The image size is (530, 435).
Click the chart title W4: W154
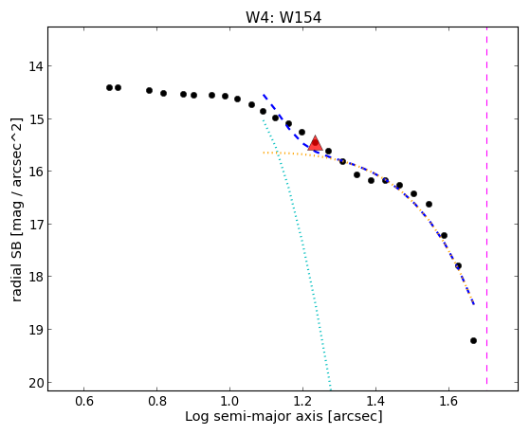[283, 18]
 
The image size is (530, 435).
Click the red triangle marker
[315, 143]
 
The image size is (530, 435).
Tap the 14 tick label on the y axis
[37, 66]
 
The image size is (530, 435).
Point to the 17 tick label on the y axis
[37, 225]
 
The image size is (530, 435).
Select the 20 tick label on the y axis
[37, 383]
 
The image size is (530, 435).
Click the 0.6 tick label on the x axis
[83, 401]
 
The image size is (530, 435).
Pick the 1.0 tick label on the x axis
[229, 401]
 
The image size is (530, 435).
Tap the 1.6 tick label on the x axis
[448, 401]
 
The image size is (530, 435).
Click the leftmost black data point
[109, 88]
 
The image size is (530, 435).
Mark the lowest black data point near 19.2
[473, 340]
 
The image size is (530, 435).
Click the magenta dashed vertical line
[486, 206]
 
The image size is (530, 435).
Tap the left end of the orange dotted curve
[264, 153]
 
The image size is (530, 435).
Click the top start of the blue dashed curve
[264, 95]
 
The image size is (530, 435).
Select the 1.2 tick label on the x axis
[302, 401]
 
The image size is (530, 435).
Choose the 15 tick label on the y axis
[37, 119]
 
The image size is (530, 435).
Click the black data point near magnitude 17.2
[444, 235]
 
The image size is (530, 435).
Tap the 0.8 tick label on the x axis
[156, 401]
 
